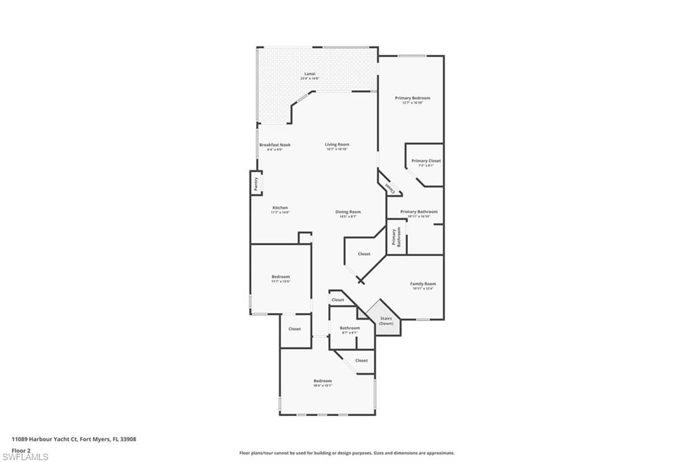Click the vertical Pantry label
pyautogui.click(x=256, y=183)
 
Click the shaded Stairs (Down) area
pyautogui.click(x=386, y=320)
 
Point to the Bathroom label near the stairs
pyautogui.click(x=350, y=329)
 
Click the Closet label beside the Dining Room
pyautogui.click(x=364, y=254)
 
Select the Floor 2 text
pyautogui.click(x=21, y=448)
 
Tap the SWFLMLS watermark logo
pyautogui.click(x=25, y=457)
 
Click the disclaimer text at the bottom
pyautogui.click(x=346, y=453)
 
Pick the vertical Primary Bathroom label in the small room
pyautogui.click(x=396, y=237)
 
